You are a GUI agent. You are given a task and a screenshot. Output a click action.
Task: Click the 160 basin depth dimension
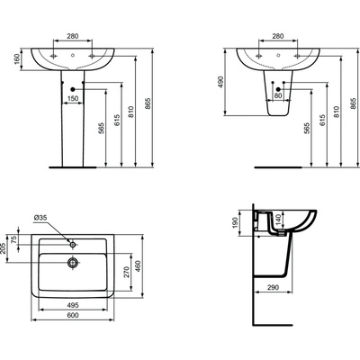[x=17, y=59]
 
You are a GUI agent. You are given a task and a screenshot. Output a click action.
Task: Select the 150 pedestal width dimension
[x=73, y=98]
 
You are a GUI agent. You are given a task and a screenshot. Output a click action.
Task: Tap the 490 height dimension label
[x=220, y=82]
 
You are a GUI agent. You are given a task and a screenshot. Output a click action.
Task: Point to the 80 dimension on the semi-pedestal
[x=278, y=95]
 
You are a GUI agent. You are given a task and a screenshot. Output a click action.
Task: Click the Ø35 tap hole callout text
[x=40, y=218]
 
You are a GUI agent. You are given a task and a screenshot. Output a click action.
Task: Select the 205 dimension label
[x=4, y=248]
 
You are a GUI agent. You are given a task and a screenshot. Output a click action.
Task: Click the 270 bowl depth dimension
[x=127, y=272]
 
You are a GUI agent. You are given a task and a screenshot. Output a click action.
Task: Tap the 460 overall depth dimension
[x=139, y=266]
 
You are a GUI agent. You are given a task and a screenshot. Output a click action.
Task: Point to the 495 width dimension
[x=73, y=305]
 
